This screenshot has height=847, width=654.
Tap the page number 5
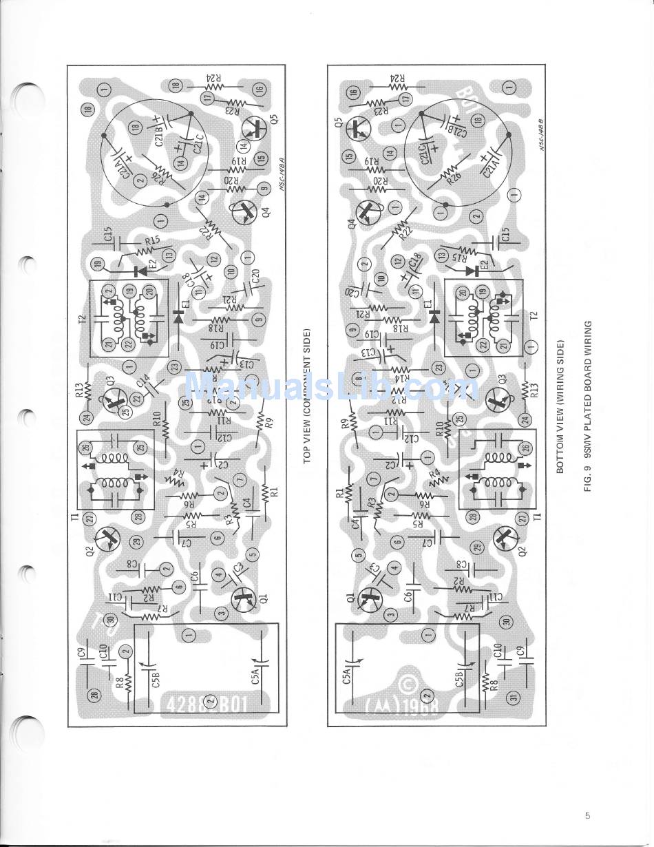[587, 816]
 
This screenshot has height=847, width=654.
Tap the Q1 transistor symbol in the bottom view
[372, 598]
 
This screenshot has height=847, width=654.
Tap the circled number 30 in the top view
[111, 619]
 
